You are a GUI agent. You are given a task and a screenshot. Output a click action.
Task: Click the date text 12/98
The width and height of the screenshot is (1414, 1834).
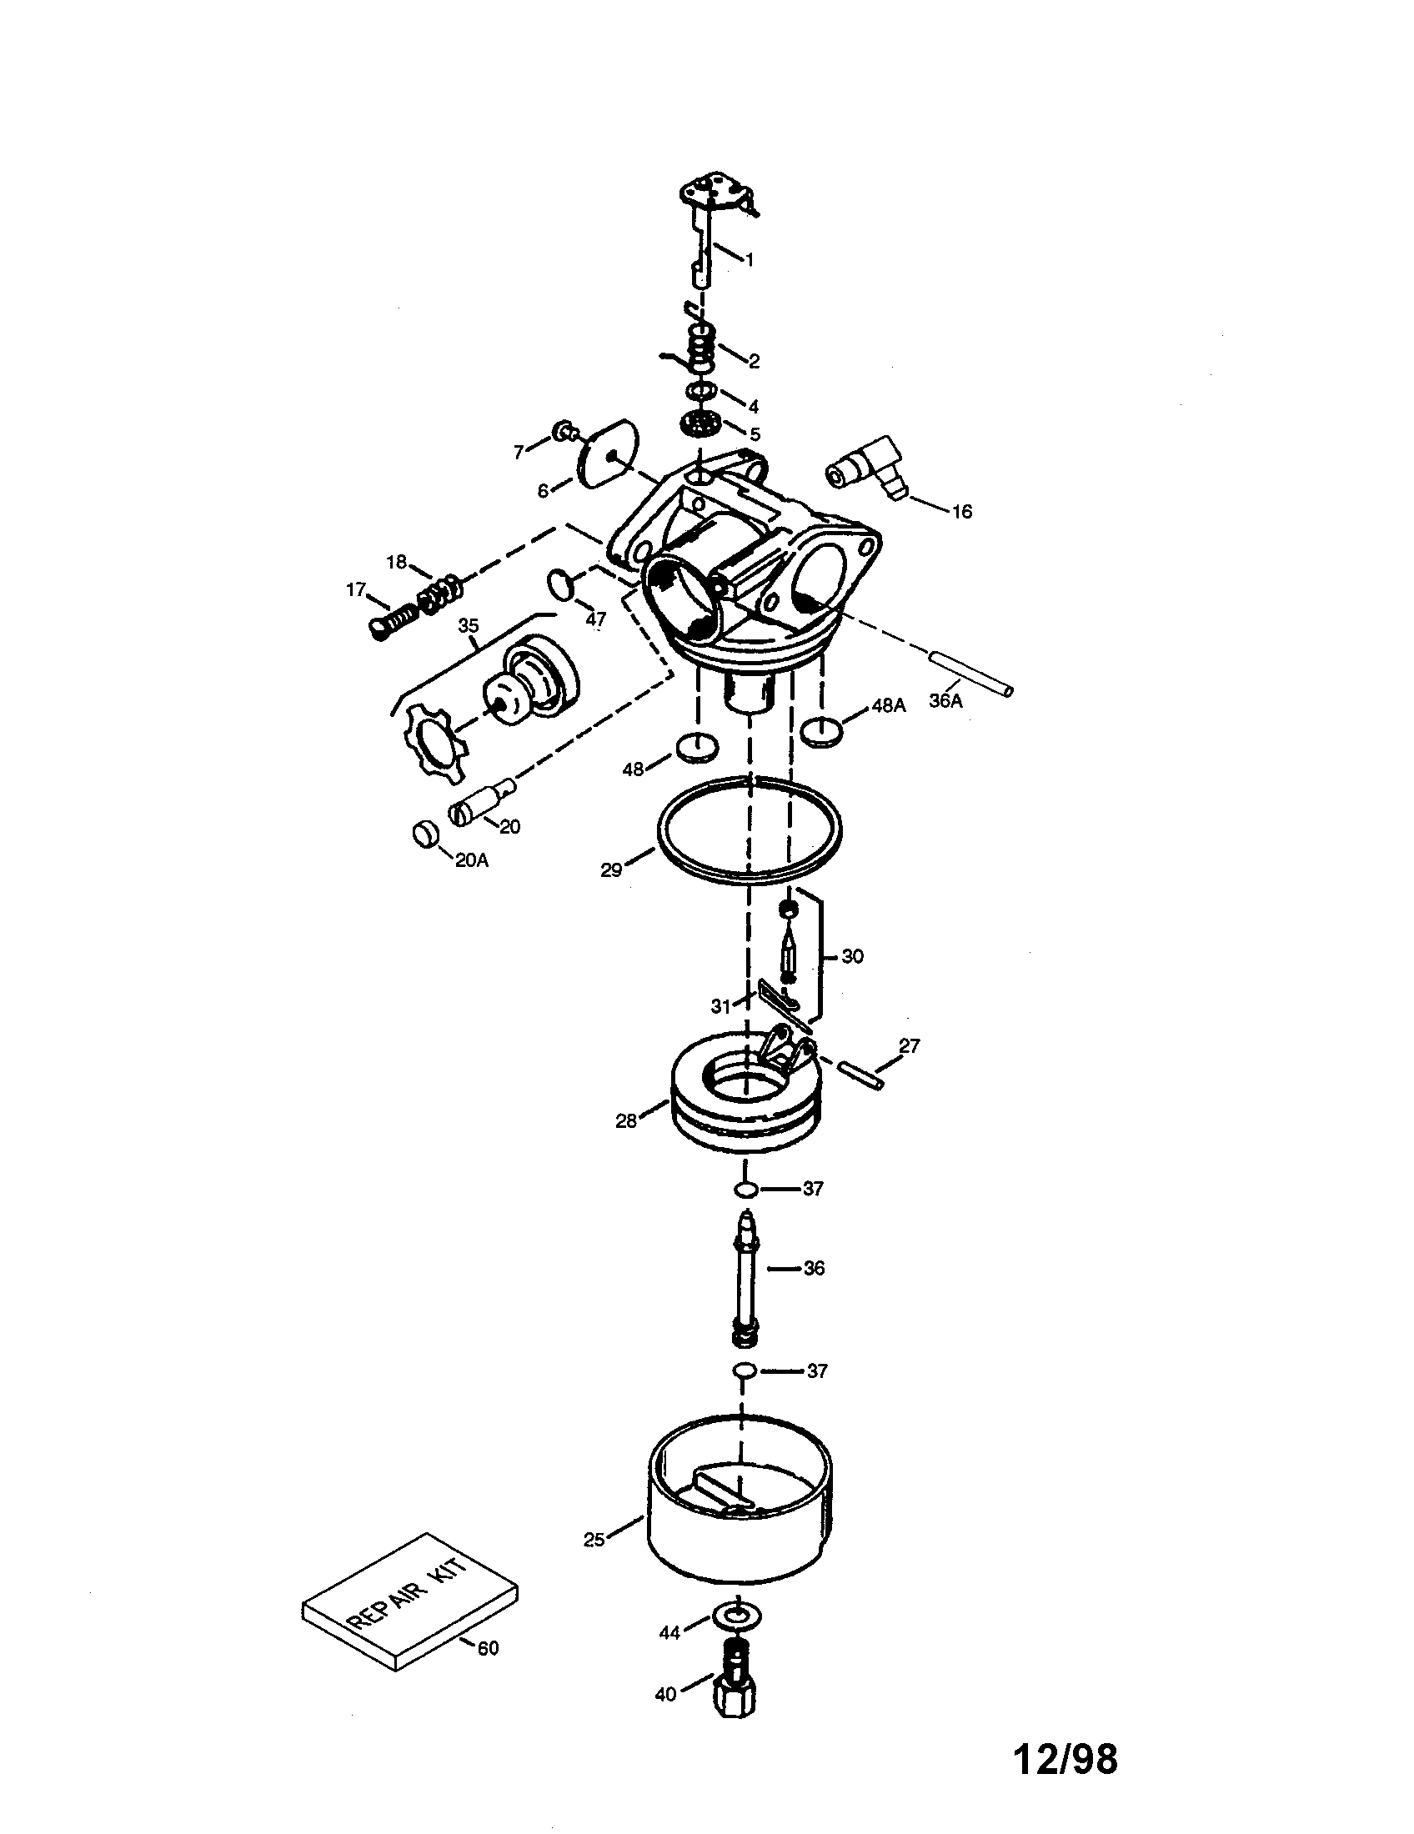pos(1066,1759)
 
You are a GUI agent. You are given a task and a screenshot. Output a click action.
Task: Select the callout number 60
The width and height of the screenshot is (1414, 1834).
pos(488,1648)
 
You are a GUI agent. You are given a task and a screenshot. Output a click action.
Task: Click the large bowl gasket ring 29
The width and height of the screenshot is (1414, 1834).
pos(748,829)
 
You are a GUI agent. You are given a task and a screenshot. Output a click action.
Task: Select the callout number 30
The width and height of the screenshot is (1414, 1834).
pos(852,955)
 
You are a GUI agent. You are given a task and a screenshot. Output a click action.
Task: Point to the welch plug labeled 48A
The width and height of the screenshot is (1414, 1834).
pos(822,730)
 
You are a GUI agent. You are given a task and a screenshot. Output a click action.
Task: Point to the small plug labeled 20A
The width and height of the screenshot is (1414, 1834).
pos(427,835)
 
